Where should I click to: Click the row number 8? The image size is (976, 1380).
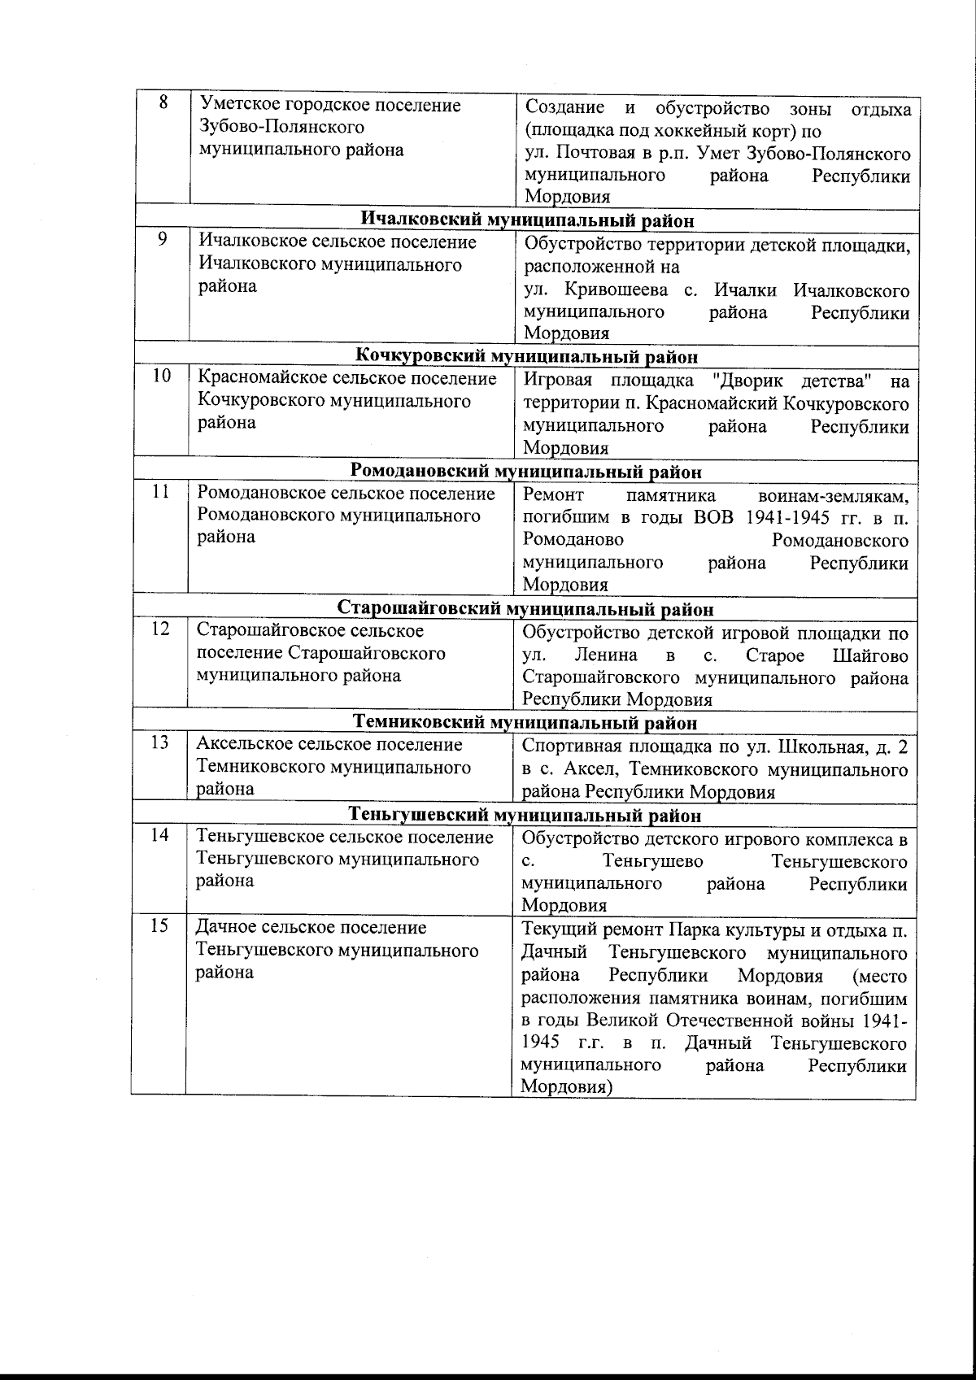[x=163, y=103]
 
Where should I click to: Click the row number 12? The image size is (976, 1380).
[x=162, y=629]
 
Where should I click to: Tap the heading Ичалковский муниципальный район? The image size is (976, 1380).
[x=527, y=220]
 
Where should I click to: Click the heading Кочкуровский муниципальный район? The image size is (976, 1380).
[x=527, y=356]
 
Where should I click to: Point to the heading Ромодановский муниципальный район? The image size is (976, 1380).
[x=525, y=472]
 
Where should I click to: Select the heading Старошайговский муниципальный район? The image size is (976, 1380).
[x=525, y=609]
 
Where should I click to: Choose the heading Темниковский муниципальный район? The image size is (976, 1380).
[x=525, y=723]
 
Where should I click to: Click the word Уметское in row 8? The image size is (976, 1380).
[x=237, y=105]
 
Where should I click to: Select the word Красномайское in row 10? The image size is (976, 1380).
[x=259, y=378]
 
